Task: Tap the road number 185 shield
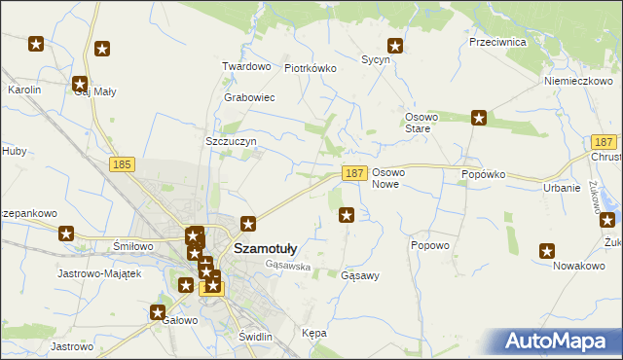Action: pos(122,165)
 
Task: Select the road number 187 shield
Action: pos(354,173)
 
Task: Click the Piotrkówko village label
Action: pos(310,68)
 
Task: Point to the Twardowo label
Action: pos(245,66)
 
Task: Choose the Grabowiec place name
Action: pos(249,98)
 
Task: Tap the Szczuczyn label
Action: pos(231,141)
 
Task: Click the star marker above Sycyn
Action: pos(395,45)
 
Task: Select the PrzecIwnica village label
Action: pos(496,43)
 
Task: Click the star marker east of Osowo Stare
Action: pos(479,119)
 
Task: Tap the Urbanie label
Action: pos(563,188)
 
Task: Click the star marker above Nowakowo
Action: pos(547,250)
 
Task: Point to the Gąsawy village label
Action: pos(360,275)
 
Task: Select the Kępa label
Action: pos(314,333)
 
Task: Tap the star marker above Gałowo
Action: pos(158,312)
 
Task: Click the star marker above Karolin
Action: pos(36,44)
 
